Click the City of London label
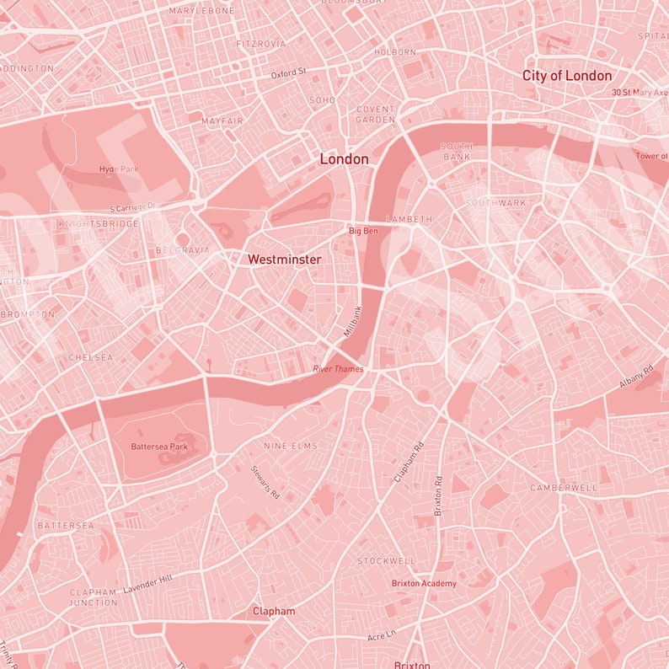point(567,76)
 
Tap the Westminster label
point(284,260)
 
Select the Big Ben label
point(364,231)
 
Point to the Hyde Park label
point(119,169)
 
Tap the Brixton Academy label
point(424,584)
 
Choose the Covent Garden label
point(376,115)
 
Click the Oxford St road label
point(288,74)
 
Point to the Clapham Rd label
point(409,463)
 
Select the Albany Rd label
point(637,377)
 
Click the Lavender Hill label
point(147,584)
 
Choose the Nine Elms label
point(291,446)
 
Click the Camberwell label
point(564,488)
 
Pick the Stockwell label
point(386,561)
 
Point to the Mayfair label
point(222,121)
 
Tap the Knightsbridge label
point(98,224)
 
